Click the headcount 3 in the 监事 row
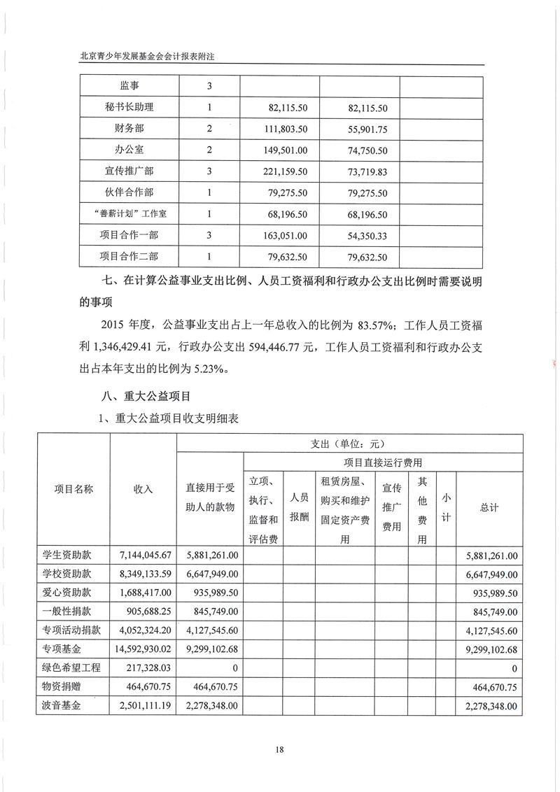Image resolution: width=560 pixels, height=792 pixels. (x=209, y=86)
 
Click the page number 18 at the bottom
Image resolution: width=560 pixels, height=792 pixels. (x=280, y=750)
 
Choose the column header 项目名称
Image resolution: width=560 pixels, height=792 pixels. (x=74, y=489)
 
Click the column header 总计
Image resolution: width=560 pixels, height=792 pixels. (x=489, y=508)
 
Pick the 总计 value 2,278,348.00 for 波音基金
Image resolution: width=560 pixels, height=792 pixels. (x=490, y=707)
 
